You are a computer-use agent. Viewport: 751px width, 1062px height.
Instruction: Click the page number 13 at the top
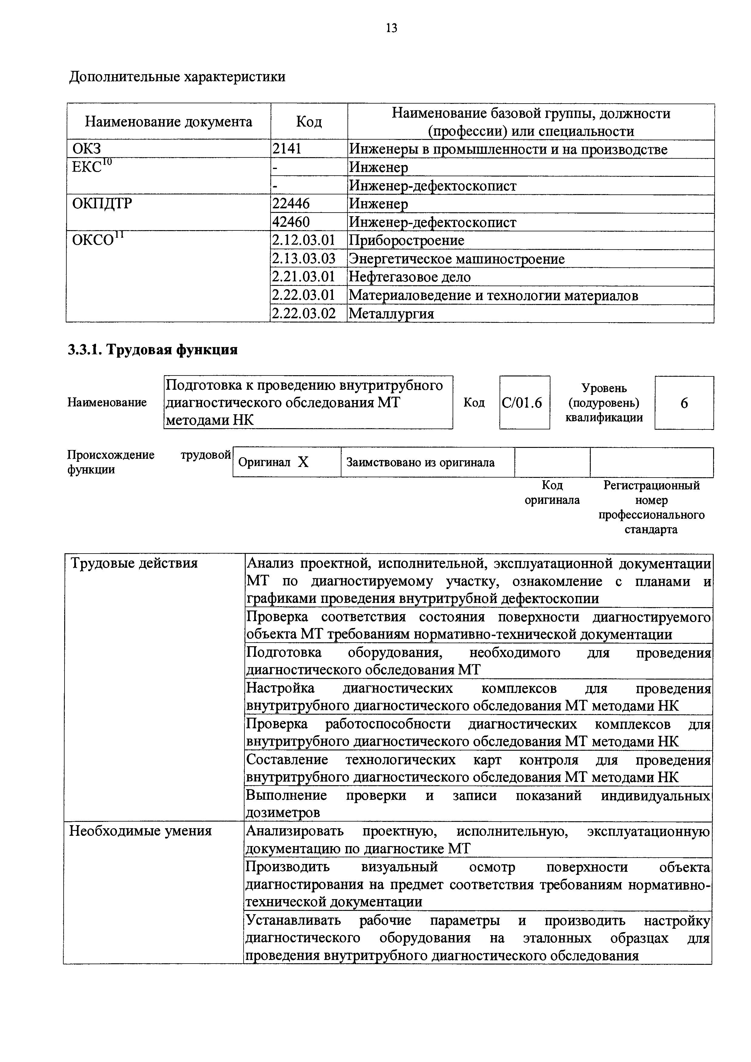(x=391, y=29)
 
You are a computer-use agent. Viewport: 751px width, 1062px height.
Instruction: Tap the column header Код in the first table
(x=309, y=122)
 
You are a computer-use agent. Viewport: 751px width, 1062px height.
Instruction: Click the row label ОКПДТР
(x=102, y=203)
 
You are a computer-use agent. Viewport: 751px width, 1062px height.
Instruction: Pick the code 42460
(x=291, y=222)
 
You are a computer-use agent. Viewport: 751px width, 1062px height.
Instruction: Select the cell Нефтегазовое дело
(x=410, y=277)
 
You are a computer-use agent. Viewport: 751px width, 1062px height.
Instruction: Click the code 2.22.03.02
(x=304, y=314)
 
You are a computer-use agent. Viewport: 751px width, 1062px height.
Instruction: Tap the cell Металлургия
(x=391, y=314)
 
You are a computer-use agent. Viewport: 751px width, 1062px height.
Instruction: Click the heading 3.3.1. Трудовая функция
(x=153, y=350)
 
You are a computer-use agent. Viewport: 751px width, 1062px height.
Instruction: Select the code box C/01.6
(x=524, y=403)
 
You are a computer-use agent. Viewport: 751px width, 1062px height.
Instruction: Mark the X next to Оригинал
(x=303, y=462)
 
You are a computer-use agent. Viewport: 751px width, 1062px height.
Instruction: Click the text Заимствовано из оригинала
(x=420, y=462)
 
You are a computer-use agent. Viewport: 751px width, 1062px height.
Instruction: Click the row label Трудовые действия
(x=133, y=563)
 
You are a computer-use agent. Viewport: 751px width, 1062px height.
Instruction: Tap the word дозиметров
(x=283, y=813)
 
